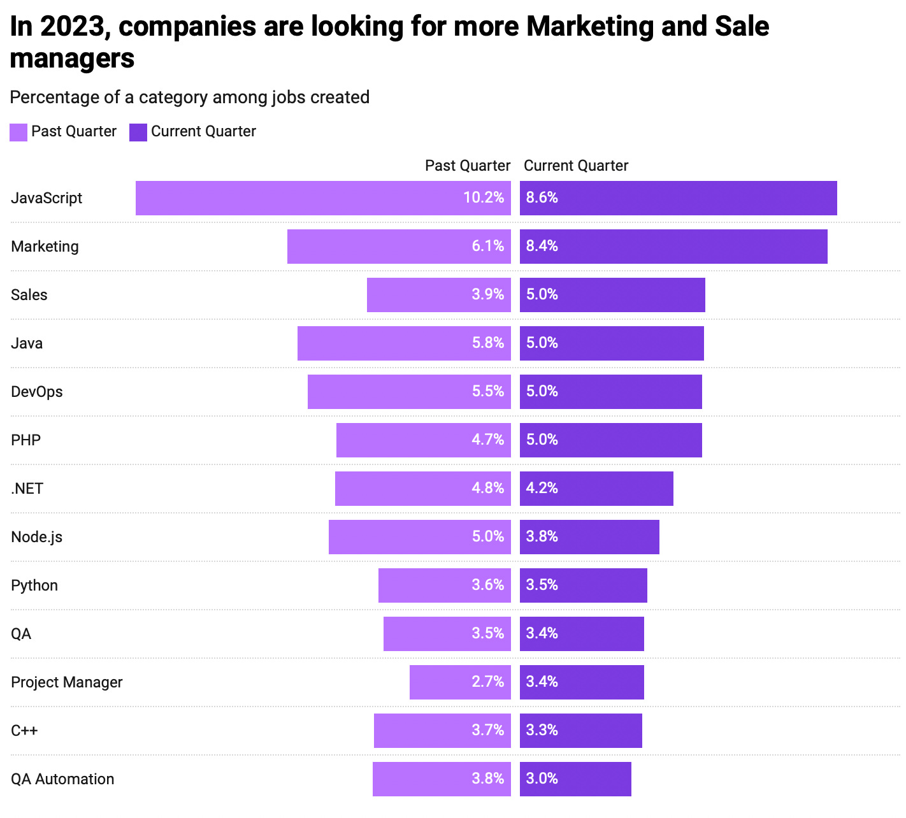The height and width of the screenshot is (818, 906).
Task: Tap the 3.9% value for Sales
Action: (x=487, y=295)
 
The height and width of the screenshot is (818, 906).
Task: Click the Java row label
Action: (x=27, y=343)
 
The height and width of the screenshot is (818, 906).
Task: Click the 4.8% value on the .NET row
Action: (x=487, y=489)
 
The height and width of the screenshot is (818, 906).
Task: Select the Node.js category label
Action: (x=36, y=537)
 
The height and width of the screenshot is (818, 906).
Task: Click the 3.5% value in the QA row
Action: (x=487, y=634)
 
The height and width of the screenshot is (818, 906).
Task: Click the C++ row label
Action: (x=24, y=731)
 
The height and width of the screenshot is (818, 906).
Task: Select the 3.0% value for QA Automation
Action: (x=542, y=779)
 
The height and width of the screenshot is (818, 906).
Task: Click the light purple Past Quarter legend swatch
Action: (x=18, y=132)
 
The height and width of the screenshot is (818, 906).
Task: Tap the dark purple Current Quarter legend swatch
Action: (x=138, y=132)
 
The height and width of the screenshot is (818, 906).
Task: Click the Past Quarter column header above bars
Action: (x=468, y=166)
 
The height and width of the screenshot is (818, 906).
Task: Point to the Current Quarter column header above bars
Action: (x=576, y=166)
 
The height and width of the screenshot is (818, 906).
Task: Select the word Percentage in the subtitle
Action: (x=51, y=97)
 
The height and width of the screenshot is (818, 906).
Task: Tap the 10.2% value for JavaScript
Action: (x=484, y=198)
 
